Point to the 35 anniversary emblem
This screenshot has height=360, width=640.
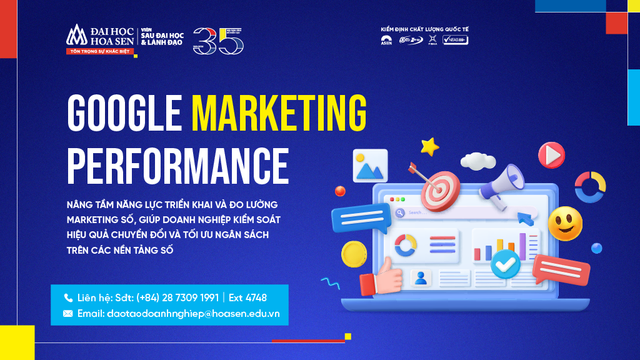218,41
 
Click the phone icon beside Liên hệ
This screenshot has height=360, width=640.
68,297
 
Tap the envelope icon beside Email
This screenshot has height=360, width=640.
68,313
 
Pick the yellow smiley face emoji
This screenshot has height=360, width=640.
565,224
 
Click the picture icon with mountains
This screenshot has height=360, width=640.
370,165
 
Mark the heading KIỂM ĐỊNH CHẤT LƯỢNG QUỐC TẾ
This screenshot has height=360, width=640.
424,29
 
